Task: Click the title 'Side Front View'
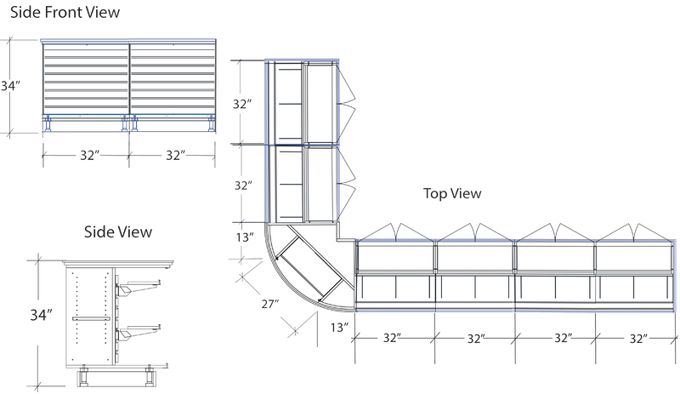click(65, 12)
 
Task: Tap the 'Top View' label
click(452, 193)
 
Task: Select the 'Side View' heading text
click(118, 232)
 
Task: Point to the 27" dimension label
click(269, 304)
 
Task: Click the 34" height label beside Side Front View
click(10, 86)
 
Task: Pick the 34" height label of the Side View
click(41, 315)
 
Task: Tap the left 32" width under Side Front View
click(90, 155)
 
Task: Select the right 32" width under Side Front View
click(176, 155)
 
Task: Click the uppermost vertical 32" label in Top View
click(242, 104)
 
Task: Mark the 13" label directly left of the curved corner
click(245, 237)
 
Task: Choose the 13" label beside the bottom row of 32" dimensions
click(339, 327)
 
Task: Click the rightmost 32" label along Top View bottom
click(638, 338)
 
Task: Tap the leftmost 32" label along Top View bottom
click(392, 338)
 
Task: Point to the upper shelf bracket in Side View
click(138, 288)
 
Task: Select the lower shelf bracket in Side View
click(138, 333)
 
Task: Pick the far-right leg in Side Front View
click(212, 123)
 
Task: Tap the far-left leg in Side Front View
click(48, 123)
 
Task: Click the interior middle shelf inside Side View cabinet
click(91, 318)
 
